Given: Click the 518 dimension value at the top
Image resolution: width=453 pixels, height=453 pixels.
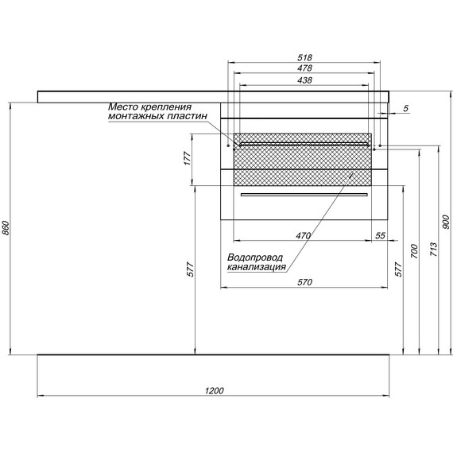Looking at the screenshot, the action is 304,57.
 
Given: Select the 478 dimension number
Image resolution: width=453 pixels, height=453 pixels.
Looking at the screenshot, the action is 304,68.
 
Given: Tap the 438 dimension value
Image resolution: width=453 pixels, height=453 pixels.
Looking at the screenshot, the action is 304,80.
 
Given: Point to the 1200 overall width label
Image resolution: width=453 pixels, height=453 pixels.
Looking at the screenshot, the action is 214,390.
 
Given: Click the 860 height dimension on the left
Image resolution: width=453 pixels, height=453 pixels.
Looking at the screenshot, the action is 6,228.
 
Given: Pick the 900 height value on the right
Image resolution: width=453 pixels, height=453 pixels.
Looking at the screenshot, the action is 446,222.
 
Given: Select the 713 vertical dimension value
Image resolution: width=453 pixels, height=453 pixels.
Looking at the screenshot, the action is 433,250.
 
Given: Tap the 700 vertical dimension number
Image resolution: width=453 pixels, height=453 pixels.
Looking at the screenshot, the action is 414,251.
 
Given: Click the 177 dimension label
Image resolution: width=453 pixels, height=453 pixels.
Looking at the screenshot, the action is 188,158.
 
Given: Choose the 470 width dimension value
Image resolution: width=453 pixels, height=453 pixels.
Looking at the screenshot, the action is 303,236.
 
